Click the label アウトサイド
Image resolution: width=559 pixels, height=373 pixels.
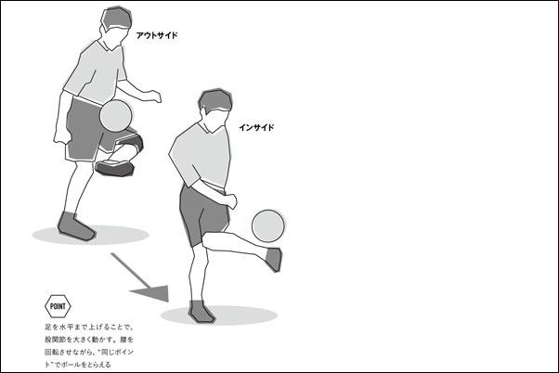tap(157, 35)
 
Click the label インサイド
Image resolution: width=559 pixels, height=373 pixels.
tap(256, 127)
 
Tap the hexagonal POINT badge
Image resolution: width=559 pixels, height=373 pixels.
tap(58, 306)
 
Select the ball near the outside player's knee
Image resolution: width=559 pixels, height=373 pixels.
tap(116, 115)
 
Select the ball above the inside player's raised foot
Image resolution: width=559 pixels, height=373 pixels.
tap(268, 226)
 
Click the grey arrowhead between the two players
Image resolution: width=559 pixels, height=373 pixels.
tap(152, 292)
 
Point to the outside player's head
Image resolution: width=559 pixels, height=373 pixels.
tap(116, 22)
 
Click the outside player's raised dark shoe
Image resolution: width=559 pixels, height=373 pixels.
tap(115, 168)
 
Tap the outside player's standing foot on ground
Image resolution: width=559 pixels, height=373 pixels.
tap(75, 225)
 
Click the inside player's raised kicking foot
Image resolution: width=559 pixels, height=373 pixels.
tap(274, 260)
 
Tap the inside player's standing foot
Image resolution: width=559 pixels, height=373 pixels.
tap(201, 312)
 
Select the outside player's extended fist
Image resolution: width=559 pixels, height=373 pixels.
tap(155, 96)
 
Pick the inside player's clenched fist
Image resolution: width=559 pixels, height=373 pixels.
tap(231, 201)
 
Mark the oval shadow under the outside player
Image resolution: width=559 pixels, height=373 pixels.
tap(91, 235)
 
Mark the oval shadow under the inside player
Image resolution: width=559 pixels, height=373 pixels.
tap(219, 315)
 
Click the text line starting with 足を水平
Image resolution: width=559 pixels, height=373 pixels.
tap(89, 327)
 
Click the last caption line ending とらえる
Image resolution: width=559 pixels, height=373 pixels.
tap(78, 365)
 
